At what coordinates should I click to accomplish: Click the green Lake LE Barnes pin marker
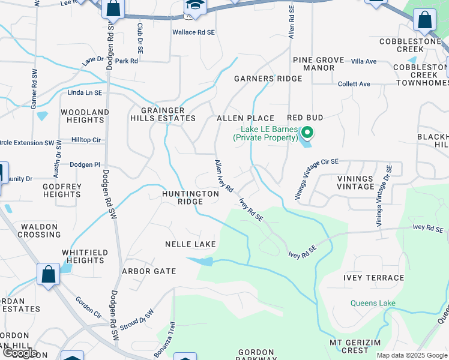coord(307,133)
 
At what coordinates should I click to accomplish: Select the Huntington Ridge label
coord(190,198)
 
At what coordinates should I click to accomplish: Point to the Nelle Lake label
coord(190,244)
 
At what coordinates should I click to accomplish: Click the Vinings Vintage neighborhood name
coord(355,182)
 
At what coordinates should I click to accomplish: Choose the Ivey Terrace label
coord(373,278)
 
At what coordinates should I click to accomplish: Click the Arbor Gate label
coord(149,271)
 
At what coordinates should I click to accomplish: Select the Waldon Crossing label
coord(39,230)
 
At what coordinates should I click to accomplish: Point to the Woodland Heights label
coord(85,116)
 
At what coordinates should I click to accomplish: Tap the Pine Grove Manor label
coord(318,64)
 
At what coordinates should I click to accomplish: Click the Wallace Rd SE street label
coord(193,32)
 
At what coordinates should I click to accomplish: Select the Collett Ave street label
coord(354,84)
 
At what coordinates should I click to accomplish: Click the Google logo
coord(19,353)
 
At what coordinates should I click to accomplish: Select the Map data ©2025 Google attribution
coord(412,355)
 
